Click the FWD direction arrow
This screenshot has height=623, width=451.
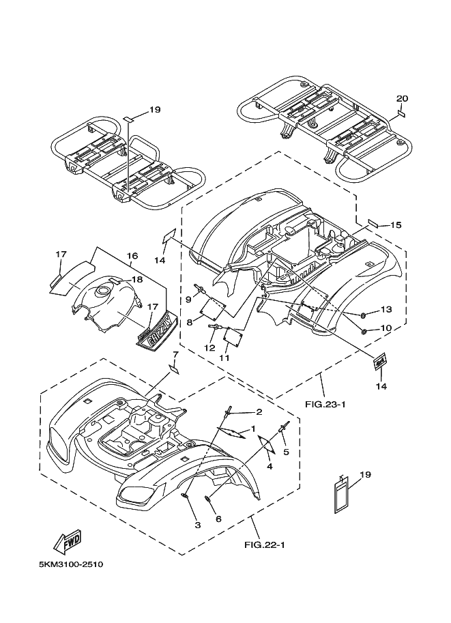pyautogui.click(x=68, y=542)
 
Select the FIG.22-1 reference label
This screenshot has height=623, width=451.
pyautogui.click(x=265, y=545)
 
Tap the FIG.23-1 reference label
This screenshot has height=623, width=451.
pyautogui.click(x=325, y=405)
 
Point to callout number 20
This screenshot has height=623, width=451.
pyautogui.click(x=402, y=98)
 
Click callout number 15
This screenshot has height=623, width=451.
pyautogui.click(x=396, y=225)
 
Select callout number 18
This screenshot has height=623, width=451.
pyautogui.click(x=137, y=279)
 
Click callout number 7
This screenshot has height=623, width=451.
pyautogui.click(x=175, y=353)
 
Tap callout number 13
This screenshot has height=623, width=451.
pyautogui.click(x=386, y=309)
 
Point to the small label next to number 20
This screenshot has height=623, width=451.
pyautogui.click(x=401, y=115)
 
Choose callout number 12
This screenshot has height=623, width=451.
pyautogui.click(x=209, y=348)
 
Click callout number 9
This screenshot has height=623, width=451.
pyautogui.click(x=189, y=299)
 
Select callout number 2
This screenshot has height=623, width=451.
pyautogui.click(x=259, y=411)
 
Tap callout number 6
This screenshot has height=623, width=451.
pyautogui.click(x=218, y=519)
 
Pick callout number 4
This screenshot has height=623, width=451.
pyautogui.click(x=270, y=467)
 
